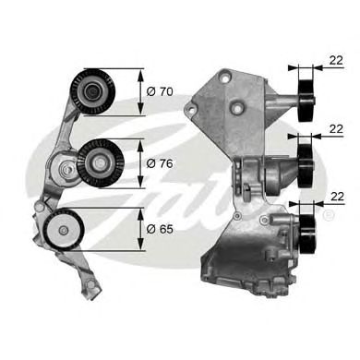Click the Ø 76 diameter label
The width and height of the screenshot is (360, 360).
pyautogui.click(x=161, y=162)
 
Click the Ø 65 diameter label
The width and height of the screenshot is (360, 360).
pyautogui.click(x=161, y=225)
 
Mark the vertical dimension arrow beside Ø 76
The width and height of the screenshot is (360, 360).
pyautogui.click(x=140, y=162)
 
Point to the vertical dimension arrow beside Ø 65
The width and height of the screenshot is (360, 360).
pyautogui.click(x=140, y=225)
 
